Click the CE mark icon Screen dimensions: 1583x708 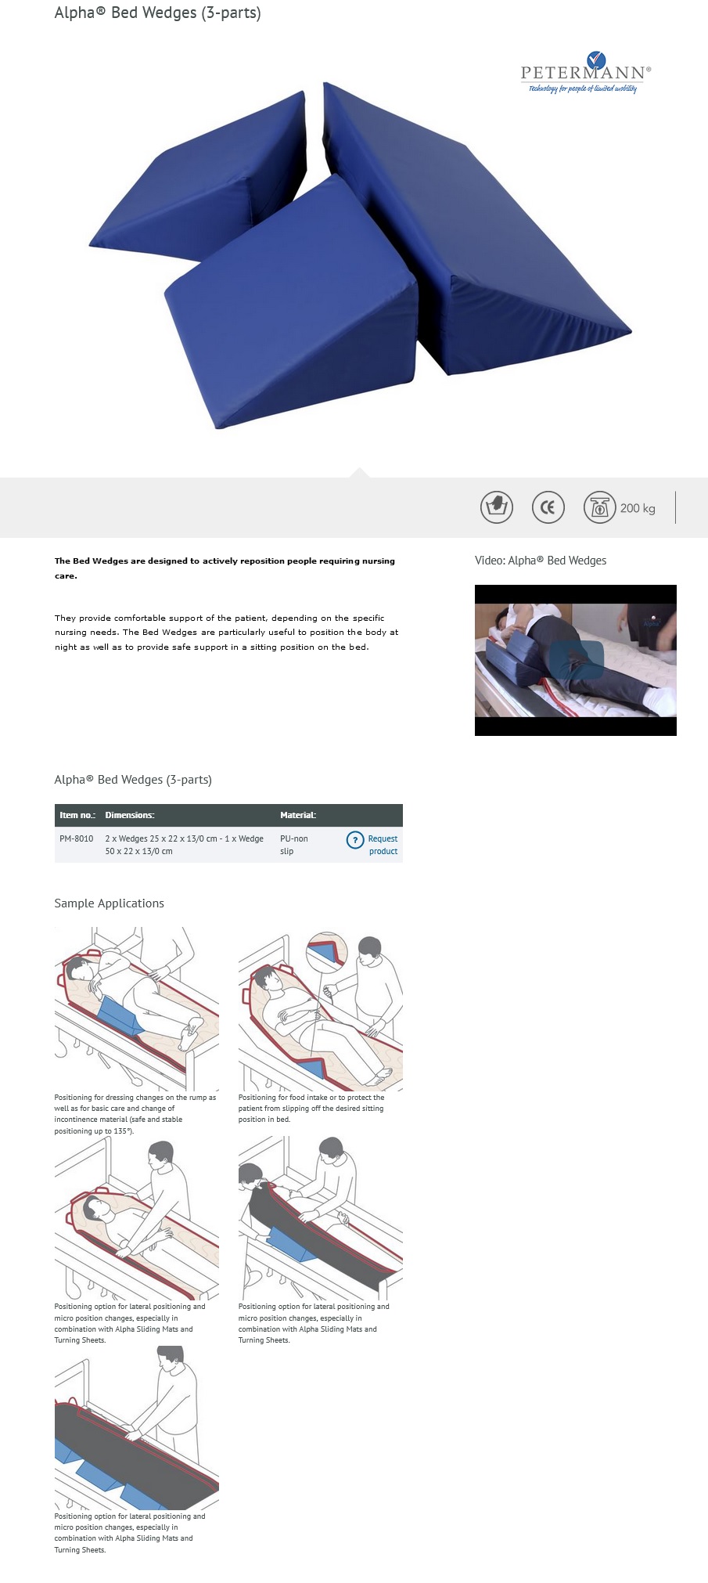point(548,507)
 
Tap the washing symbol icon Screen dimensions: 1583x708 point(496,507)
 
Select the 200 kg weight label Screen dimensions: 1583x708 point(638,508)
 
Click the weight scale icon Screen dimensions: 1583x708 point(599,507)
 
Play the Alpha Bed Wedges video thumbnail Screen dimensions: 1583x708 point(575,660)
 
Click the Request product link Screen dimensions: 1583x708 point(383,845)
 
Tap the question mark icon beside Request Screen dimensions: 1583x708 point(355,839)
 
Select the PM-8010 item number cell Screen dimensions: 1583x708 point(77,838)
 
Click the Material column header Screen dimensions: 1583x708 point(298,815)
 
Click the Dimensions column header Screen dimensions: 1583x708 point(130,815)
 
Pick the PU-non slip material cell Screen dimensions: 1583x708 point(293,845)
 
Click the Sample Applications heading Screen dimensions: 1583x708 point(109,903)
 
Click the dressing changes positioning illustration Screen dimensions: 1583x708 point(136,1008)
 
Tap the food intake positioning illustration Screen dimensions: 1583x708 point(320,1010)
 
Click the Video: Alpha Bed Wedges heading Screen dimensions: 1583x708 point(540,561)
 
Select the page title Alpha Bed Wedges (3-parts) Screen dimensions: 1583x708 point(157,13)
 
